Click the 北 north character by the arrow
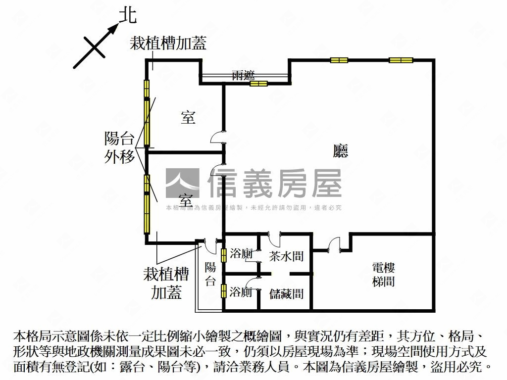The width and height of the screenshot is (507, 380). coord(128,16)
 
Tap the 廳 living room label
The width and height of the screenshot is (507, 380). coord(341,150)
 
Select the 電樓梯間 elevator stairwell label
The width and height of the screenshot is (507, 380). coord(383,275)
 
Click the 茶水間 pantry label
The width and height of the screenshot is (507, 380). coord(286,256)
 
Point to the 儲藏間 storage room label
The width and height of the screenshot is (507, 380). coord(286,294)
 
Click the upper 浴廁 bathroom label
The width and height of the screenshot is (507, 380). coord(241,255)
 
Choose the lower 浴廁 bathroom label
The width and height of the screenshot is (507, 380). coord(241,292)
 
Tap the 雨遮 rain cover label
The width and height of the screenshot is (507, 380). coord(243,75)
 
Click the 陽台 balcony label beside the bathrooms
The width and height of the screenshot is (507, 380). coord(210,275)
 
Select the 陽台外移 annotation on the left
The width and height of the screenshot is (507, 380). coord(119,147)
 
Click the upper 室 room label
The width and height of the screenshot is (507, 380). coord(188,118)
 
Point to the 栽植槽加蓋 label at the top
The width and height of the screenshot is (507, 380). coord(168,44)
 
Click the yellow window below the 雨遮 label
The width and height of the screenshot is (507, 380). coord(258,84)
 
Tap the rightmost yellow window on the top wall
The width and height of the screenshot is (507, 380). coord(401,60)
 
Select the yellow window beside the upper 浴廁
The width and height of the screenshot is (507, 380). coord(224,255)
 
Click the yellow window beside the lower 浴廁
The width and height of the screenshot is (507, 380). coord(224,291)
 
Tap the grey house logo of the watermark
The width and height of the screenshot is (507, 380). coord(182,184)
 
